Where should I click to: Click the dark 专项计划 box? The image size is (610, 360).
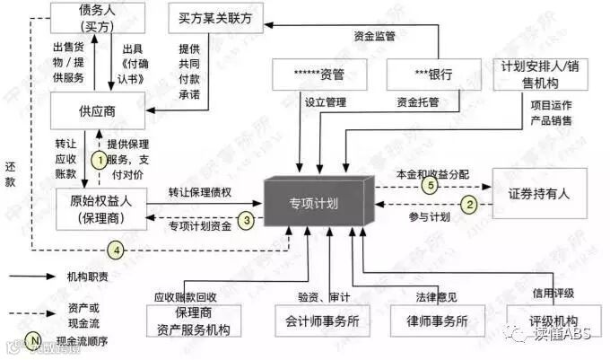tap(319, 203)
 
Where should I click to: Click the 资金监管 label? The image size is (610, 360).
tap(374, 37)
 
